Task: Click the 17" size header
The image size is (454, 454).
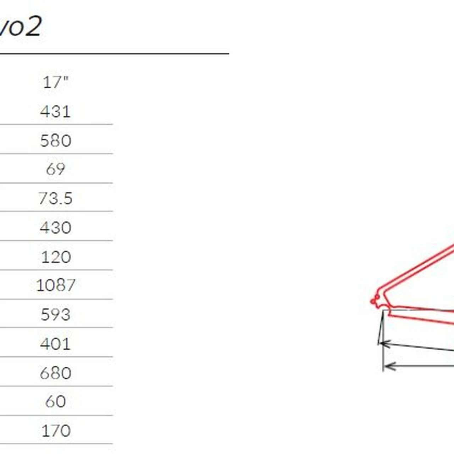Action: (x=56, y=82)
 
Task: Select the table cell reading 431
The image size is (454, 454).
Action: (x=55, y=111)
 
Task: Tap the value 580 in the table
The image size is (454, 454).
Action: (x=56, y=141)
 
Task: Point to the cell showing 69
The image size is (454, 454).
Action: (x=56, y=169)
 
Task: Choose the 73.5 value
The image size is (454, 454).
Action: (x=56, y=198)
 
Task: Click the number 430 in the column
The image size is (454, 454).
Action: (x=56, y=227)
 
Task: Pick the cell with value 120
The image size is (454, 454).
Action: (x=56, y=257)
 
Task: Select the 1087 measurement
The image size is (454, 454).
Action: (x=56, y=285)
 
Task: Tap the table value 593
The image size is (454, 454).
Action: (x=56, y=315)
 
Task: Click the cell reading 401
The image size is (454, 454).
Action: (x=55, y=344)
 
